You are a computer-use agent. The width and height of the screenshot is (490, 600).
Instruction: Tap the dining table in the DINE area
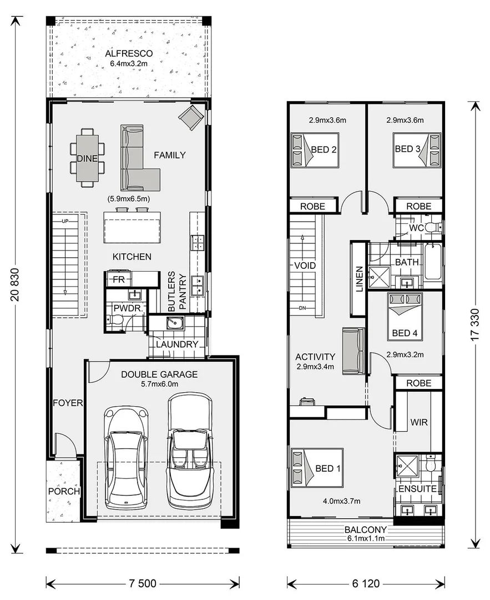(x=87, y=158)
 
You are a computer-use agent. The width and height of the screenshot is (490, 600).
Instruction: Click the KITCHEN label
(x=132, y=257)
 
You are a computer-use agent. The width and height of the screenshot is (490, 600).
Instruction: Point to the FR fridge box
(x=118, y=279)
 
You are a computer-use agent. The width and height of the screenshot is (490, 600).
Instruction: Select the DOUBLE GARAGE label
(x=159, y=374)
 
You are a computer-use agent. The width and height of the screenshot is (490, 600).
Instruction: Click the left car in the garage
(x=127, y=458)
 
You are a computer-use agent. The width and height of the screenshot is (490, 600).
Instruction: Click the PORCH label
(x=64, y=492)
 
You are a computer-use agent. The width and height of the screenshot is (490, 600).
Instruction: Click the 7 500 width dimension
(x=143, y=583)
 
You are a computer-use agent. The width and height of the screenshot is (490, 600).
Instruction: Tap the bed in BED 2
(x=314, y=150)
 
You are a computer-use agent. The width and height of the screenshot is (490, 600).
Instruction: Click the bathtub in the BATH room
(x=433, y=262)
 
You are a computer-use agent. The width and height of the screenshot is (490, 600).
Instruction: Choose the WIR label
(x=418, y=422)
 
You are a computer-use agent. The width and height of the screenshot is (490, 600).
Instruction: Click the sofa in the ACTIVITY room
(x=353, y=351)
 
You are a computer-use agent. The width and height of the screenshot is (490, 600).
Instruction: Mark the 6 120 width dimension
(x=366, y=583)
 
